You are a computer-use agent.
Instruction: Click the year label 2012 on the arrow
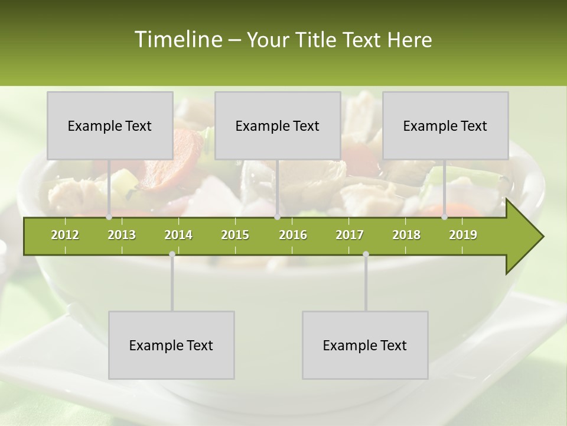click(65, 235)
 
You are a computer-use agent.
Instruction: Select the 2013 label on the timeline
click(122, 235)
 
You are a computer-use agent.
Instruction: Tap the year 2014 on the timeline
click(178, 235)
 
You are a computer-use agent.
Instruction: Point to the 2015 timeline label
click(235, 235)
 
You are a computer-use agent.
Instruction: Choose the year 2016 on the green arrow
click(293, 235)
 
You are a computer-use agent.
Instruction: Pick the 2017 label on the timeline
click(350, 235)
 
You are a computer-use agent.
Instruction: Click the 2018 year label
click(406, 235)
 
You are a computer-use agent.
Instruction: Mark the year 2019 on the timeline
click(463, 235)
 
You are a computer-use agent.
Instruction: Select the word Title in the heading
click(317, 40)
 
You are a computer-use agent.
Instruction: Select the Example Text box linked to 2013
click(110, 125)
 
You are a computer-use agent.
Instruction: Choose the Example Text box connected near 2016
click(278, 125)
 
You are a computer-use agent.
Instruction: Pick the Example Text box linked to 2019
click(445, 125)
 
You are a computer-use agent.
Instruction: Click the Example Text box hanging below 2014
click(171, 345)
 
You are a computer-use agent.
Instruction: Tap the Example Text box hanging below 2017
click(365, 345)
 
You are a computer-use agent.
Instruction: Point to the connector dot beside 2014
click(172, 254)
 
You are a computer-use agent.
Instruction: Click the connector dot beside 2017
click(366, 254)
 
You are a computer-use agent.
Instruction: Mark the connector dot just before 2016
click(278, 217)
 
